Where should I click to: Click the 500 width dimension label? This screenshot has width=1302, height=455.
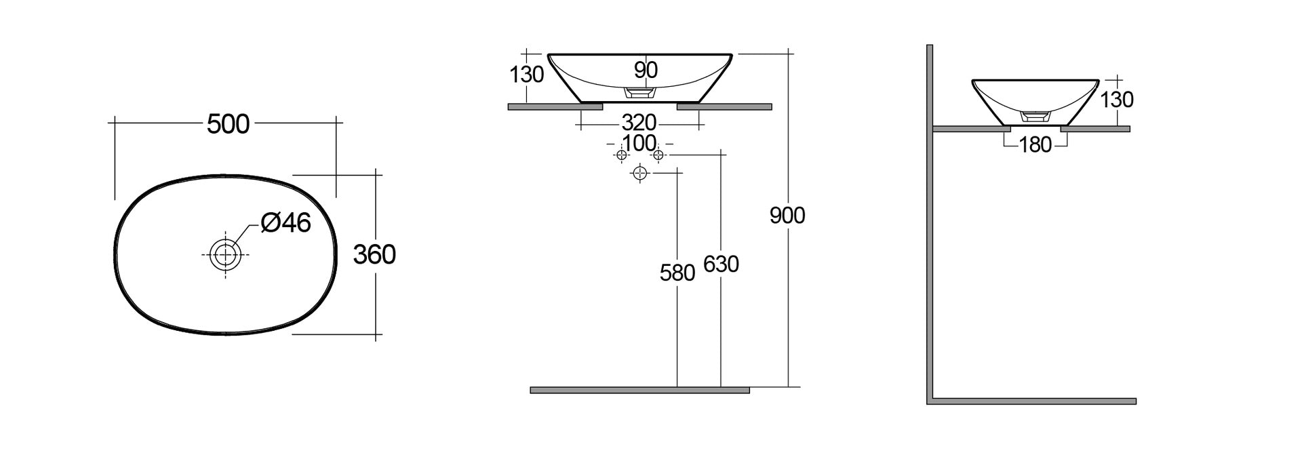(229, 124)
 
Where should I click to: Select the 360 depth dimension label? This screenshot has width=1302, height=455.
(374, 254)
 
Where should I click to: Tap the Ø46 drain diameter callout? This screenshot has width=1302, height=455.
(285, 222)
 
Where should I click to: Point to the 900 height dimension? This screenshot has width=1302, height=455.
(787, 216)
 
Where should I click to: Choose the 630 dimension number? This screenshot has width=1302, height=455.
(721, 264)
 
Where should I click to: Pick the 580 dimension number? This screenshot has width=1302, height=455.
(677, 273)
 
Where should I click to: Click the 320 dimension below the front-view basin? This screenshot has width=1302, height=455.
(639, 123)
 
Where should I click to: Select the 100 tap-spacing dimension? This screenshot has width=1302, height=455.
(639, 143)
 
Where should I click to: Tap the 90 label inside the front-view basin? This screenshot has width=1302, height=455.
(646, 69)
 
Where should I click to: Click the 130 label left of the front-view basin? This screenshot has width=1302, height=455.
(527, 74)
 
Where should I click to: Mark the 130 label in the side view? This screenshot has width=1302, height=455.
(1117, 100)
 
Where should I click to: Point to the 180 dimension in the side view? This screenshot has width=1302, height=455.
(1035, 144)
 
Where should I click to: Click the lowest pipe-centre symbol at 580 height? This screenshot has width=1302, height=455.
(639, 174)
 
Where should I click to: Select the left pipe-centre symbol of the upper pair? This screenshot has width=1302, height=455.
(621, 155)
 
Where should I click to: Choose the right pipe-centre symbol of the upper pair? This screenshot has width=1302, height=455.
(658, 155)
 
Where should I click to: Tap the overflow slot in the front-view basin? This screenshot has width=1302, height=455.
(639, 92)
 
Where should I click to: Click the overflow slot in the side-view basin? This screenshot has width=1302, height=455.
(1035, 116)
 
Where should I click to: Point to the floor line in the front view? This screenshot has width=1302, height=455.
(639, 390)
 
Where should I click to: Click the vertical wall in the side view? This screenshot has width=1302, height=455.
(930, 224)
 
